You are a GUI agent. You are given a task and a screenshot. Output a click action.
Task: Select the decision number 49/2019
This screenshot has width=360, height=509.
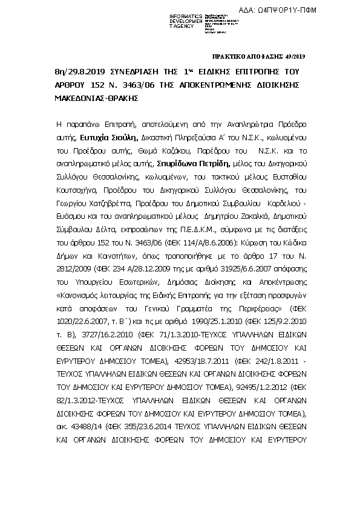296,56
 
